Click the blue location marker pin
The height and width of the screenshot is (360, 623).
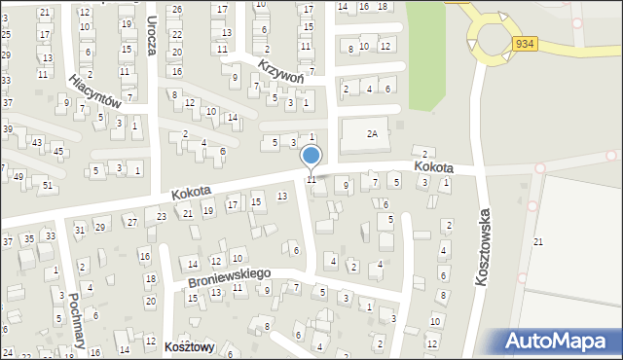[x=311, y=156]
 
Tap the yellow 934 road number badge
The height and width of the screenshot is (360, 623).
[x=526, y=44]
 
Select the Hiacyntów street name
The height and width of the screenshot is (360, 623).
[x=93, y=89]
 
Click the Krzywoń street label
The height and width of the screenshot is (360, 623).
[x=282, y=71]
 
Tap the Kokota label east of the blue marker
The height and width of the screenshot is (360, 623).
[x=432, y=167]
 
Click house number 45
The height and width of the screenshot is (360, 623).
[x=58, y=150]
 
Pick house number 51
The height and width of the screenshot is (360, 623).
[x=47, y=185]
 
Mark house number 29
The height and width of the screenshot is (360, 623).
[x=99, y=227]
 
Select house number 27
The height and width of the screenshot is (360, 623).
[x=130, y=222]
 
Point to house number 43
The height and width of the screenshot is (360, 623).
[x=37, y=143]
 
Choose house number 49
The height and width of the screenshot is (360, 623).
[x=18, y=177]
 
